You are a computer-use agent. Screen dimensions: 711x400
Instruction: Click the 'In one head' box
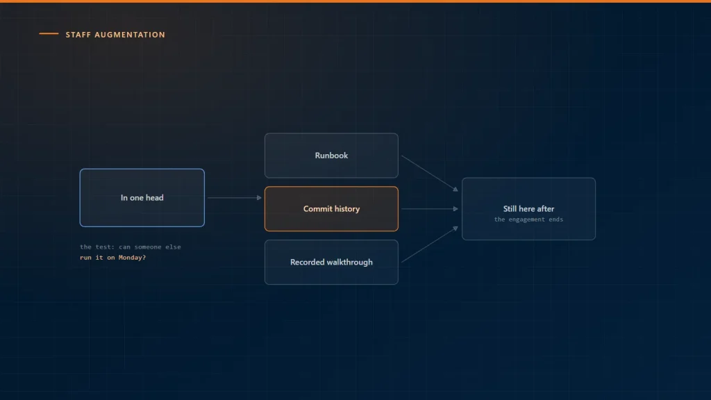point(142,198)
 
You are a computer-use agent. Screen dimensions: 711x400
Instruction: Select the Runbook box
point(331,156)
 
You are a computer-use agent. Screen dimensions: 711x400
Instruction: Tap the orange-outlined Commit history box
point(331,208)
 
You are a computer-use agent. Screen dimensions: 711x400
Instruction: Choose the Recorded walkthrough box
point(331,262)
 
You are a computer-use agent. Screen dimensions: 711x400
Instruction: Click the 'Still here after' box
point(528,208)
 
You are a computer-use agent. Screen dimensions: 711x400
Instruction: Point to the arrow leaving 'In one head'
point(235,198)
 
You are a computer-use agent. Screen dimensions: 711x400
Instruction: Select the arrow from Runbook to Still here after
point(429,173)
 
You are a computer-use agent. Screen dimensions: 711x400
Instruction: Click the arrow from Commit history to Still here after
point(429,208)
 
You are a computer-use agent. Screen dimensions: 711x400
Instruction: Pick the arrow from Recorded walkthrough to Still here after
point(429,244)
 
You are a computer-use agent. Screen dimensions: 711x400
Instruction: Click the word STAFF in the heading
point(78,35)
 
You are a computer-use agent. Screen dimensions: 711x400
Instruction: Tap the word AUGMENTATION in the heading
point(130,35)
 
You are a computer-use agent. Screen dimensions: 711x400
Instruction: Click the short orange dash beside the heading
point(49,33)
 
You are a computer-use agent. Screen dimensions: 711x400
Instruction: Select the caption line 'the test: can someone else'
point(130,247)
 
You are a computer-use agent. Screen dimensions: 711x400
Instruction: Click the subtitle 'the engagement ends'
point(528,219)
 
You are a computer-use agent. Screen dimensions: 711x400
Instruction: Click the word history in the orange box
point(346,209)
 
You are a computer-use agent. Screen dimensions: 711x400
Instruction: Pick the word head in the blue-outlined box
point(155,198)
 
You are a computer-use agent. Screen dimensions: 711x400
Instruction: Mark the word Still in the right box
point(510,209)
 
